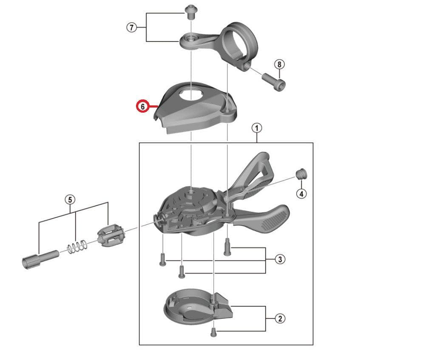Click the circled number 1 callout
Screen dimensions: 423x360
[x=256, y=128]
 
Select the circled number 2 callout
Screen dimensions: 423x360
[x=280, y=318]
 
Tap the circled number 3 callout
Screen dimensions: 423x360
[x=280, y=259]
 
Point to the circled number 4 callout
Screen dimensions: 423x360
[x=301, y=194]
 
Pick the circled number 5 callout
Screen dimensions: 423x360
[x=70, y=200]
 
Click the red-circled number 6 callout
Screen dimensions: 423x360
[x=143, y=107]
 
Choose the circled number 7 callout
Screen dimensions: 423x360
[x=132, y=28]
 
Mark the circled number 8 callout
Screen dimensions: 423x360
[x=279, y=64]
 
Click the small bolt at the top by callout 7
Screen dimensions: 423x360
[x=191, y=12]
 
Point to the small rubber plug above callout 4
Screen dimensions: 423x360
[x=301, y=174]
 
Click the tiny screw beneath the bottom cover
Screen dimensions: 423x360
[x=213, y=332]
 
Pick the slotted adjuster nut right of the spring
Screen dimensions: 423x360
[x=111, y=236]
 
